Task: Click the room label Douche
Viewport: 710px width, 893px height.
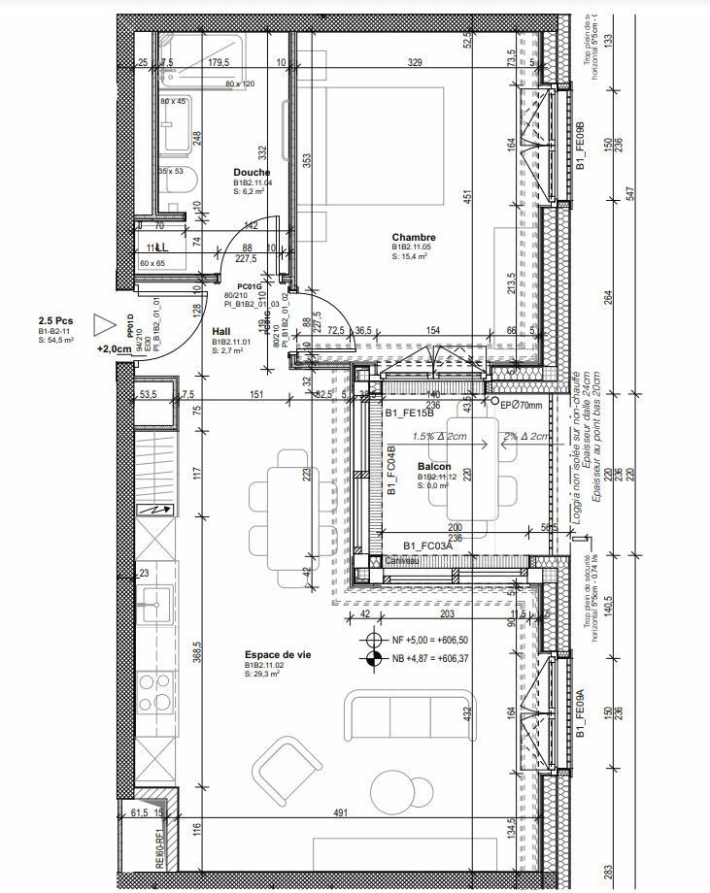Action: (252, 172)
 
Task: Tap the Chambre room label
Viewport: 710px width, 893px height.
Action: (413, 237)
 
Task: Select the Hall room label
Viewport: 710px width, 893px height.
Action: (221, 331)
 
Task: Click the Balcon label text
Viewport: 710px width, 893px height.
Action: (433, 467)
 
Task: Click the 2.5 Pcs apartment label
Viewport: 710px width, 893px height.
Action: (56, 320)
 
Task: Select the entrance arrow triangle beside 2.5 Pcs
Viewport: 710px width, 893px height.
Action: (103, 324)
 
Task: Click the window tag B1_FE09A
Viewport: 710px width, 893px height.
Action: (580, 715)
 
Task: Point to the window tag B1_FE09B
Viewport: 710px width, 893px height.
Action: (580, 147)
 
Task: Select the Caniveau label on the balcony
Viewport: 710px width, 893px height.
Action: (402, 560)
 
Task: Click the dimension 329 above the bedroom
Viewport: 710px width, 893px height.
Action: (415, 62)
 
